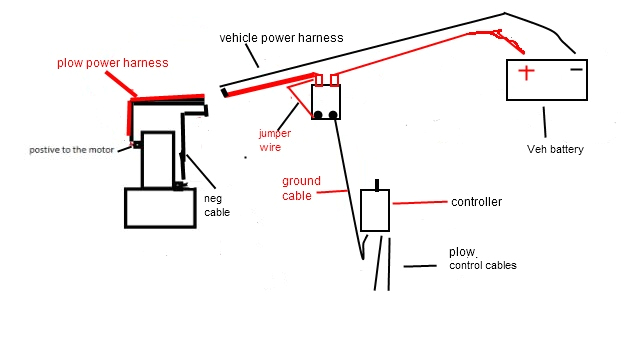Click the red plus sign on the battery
(x=526, y=73)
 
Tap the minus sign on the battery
(x=576, y=71)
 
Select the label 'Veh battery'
(x=554, y=149)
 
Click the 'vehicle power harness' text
(x=281, y=38)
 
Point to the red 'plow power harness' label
(x=111, y=63)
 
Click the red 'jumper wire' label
(x=275, y=138)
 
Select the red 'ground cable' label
(x=301, y=188)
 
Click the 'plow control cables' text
(x=483, y=258)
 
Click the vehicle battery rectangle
(x=546, y=80)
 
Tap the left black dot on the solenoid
(x=319, y=116)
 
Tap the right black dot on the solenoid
(x=332, y=116)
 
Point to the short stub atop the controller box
(x=377, y=184)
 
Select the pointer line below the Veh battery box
(x=545, y=120)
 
